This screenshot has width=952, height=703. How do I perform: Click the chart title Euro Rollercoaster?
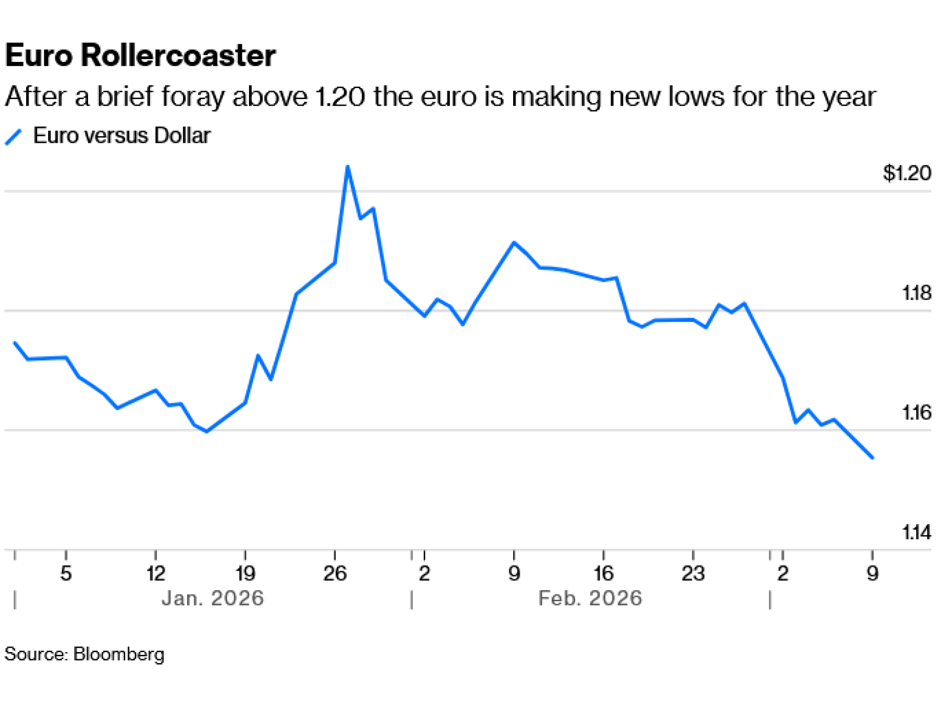point(140,55)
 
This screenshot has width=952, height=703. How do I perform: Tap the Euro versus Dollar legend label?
point(121,136)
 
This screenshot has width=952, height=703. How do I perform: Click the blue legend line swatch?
point(13,137)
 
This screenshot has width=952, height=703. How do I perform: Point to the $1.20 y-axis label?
point(906,173)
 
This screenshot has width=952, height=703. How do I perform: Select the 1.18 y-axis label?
point(916,293)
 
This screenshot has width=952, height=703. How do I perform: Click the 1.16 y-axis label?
point(916,412)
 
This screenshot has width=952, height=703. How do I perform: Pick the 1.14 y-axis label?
point(916,532)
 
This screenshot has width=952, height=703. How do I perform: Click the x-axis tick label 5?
point(66,574)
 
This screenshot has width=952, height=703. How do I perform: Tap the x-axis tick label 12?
point(155,574)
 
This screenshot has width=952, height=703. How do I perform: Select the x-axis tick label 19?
point(245,574)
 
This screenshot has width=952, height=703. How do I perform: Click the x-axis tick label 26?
point(335,574)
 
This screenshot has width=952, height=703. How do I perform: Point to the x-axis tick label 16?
point(603,574)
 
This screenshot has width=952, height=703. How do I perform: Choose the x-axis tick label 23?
point(693,574)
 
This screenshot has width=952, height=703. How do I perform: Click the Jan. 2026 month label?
point(212,598)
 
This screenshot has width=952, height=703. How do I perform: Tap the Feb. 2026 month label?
point(590,598)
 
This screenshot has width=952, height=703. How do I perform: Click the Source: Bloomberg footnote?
point(84,654)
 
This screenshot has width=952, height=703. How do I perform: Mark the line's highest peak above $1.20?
point(347,166)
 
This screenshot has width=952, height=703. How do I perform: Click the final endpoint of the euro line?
point(872,458)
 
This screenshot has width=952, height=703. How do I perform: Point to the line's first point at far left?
point(15,343)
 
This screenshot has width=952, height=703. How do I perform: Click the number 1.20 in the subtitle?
point(340,97)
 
